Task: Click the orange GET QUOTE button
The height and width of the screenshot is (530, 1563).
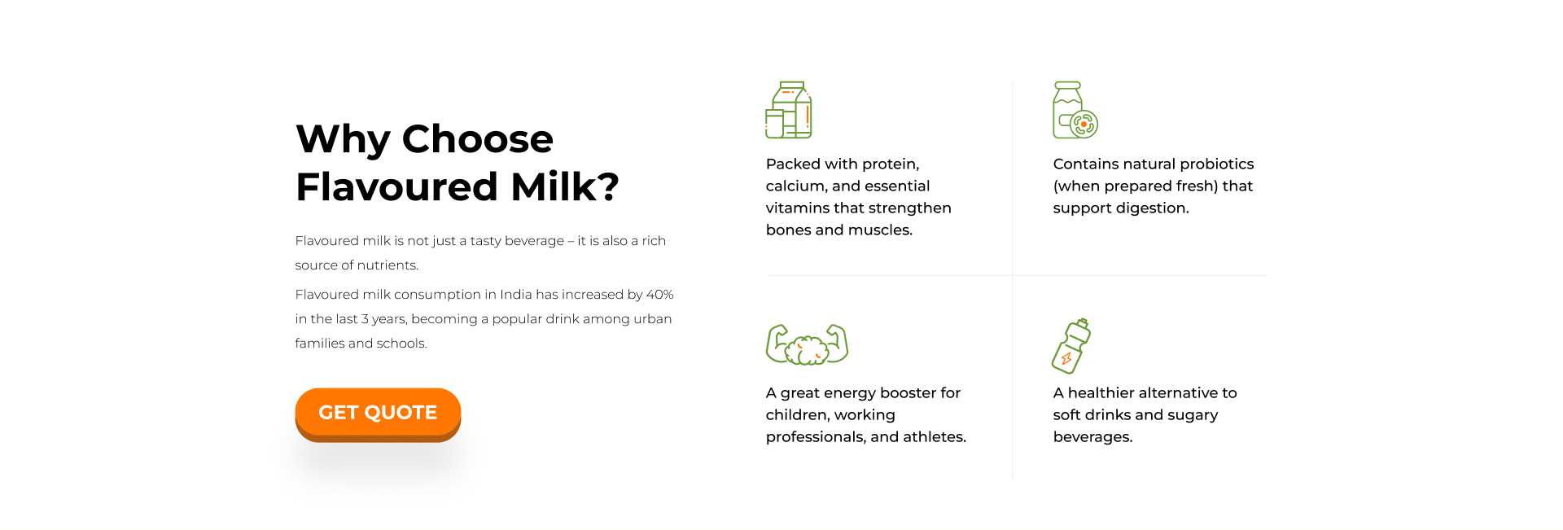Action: pyautogui.click(x=378, y=414)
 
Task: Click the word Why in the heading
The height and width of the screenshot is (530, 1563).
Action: pyautogui.click(x=343, y=140)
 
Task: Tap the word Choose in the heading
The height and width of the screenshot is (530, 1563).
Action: pyautogui.click(x=478, y=138)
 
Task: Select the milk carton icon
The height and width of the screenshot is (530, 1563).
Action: pyautogui.click(x=789, y=110)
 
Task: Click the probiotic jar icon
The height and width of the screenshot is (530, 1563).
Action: pyautogui.click(x=1075, y=110)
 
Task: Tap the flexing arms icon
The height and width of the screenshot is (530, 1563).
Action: pyautogui.click(x=807, y=344)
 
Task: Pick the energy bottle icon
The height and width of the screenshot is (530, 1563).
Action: pyautogui.click(x=1071, y=346)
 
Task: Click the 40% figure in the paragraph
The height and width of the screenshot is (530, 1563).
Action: pyautogui.click(x=660, y=295)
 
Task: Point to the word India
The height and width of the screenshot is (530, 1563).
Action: pyautogui.click(x=515, y=295)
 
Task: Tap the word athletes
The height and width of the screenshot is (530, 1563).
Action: pyautogui.click(x=935, y=437)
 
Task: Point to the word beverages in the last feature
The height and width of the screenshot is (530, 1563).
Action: pyautogui.click(x=1092, y=437)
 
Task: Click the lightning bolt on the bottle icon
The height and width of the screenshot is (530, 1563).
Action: pyautogui.click(x=1066, y=358)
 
